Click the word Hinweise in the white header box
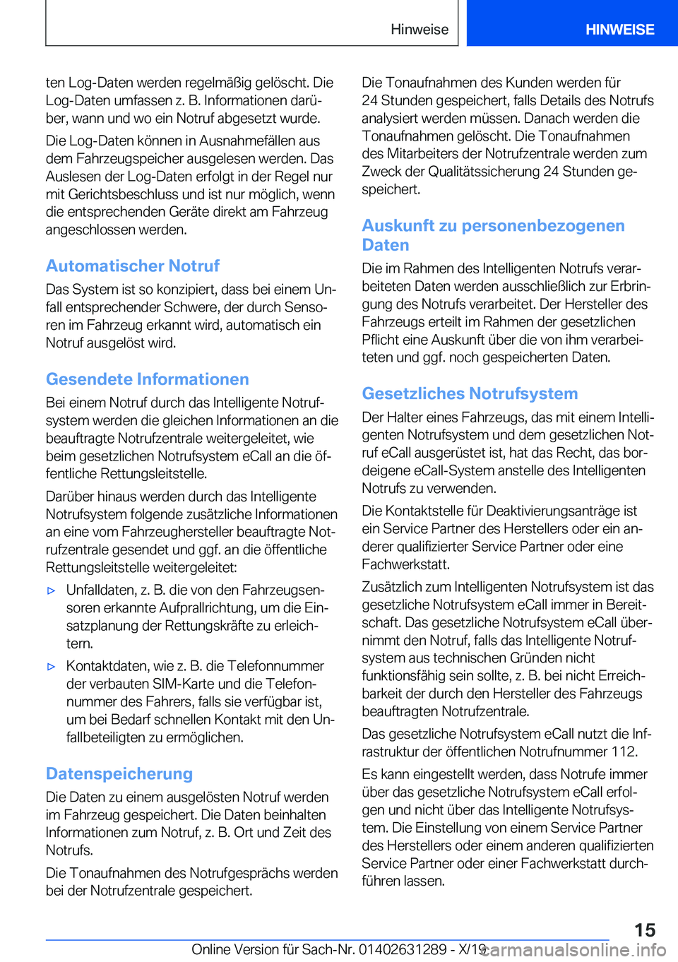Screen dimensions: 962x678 pos(420,29)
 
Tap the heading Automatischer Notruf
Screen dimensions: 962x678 pos(133,266)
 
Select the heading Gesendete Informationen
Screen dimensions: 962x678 pos(147,379)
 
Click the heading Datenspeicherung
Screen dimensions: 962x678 pos(119,773)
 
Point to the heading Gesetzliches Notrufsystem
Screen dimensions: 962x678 pos(470,393)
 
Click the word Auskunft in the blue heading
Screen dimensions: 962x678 pos(398,225)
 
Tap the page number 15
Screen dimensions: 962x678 pos(644,930)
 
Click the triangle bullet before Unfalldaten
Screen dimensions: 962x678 pos(51,590)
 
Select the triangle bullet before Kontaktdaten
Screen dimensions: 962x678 pos(51,667)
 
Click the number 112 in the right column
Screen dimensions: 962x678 pos(624,752)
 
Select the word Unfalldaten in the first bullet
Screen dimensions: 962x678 pos(100,590)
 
